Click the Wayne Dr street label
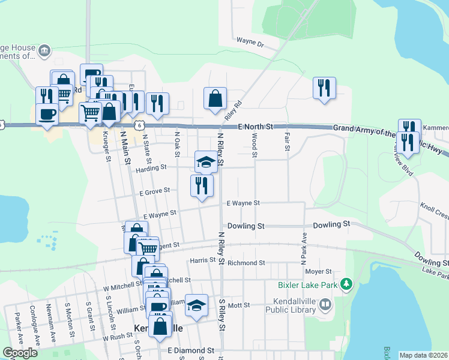click(250, 43)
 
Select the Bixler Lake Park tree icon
click(346, 284)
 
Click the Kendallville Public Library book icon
click(325, 305)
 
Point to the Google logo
click(20, 353)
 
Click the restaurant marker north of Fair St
click(324, 88)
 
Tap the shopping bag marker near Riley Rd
click(215, 98)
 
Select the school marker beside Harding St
click(206, 161)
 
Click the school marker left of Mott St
click(196, 305)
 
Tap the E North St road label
click(255, 127)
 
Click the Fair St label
click(288, 142)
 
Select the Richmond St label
click(246, 263)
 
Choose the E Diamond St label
click(191, 350)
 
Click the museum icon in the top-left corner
click(44, 52)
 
